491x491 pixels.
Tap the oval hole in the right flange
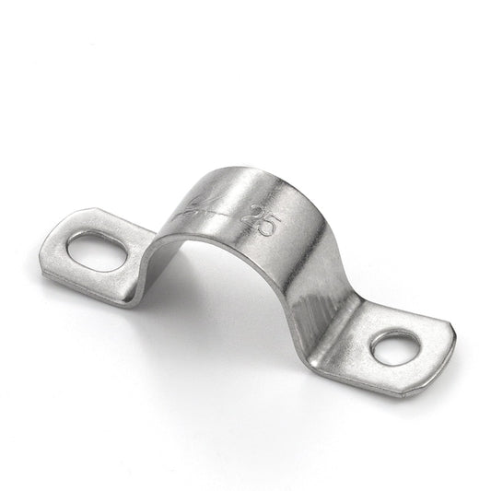tap(395, 346)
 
